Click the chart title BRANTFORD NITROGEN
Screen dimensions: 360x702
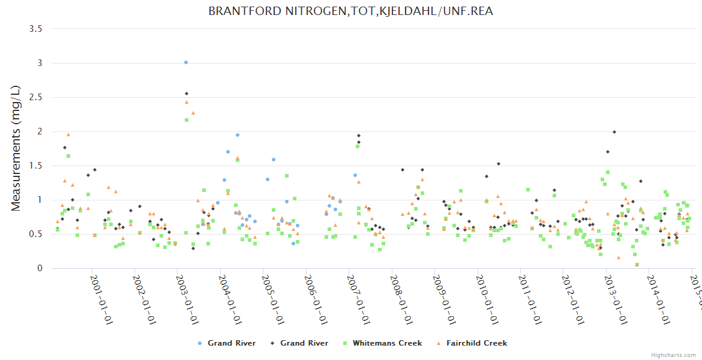pyautogui.click(x=350, y=11)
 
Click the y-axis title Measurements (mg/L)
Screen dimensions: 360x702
pyautogui.click(x=17, y=149)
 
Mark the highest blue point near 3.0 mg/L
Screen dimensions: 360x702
pyautogui.click(x=186, y=62)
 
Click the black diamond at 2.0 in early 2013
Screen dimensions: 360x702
pyautogui.click(x=614, y=132)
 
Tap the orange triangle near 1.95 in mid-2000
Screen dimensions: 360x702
pyautogui.click(x=68, y=134)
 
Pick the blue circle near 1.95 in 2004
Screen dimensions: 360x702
pyautogui.click(x=238, y=135)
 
